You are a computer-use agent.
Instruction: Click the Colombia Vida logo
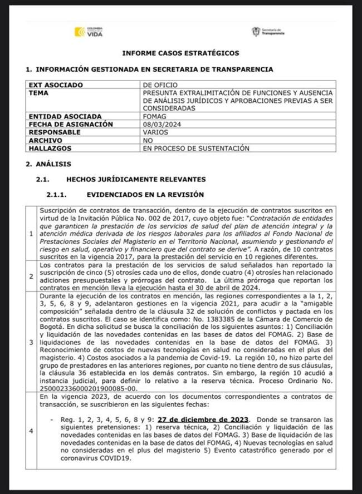click(89, 32)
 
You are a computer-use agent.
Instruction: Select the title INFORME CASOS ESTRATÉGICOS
click(181, 53)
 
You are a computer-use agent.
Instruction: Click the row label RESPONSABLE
click(55, 132)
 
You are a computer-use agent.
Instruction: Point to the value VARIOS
click(156, 132)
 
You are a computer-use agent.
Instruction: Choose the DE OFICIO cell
click(160, 85)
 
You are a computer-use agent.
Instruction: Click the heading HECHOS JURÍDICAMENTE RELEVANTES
click(136, 179)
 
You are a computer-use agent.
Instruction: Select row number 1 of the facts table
click(31, 233)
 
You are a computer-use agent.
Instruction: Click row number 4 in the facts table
click(31, 431)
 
